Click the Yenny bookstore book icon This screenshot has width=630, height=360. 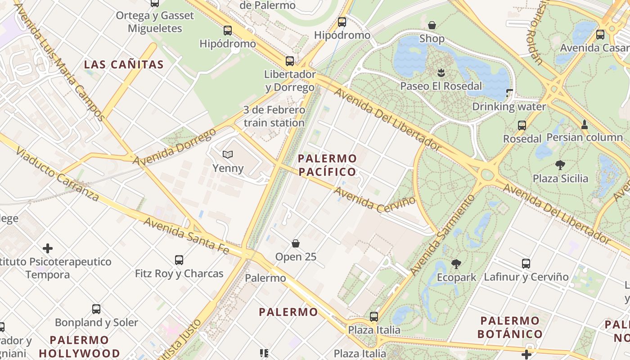228,155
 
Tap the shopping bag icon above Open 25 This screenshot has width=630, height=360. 296,243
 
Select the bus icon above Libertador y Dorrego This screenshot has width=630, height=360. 290,61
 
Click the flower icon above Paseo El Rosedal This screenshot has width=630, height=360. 441,72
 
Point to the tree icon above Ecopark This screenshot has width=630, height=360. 456,264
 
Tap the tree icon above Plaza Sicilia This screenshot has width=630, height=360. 560,165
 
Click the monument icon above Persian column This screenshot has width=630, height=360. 585,124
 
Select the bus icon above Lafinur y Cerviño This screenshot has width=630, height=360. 526,263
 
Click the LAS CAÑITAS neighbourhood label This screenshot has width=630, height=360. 124,64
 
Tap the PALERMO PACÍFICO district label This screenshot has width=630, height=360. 327,165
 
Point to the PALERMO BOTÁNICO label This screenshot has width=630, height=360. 510,327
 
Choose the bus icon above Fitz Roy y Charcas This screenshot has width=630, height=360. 179,260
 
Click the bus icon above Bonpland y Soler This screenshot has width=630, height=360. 96,309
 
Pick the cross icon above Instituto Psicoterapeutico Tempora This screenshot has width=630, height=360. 48,248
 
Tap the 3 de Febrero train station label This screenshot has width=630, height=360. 274,116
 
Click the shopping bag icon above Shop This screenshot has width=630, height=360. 432,25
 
